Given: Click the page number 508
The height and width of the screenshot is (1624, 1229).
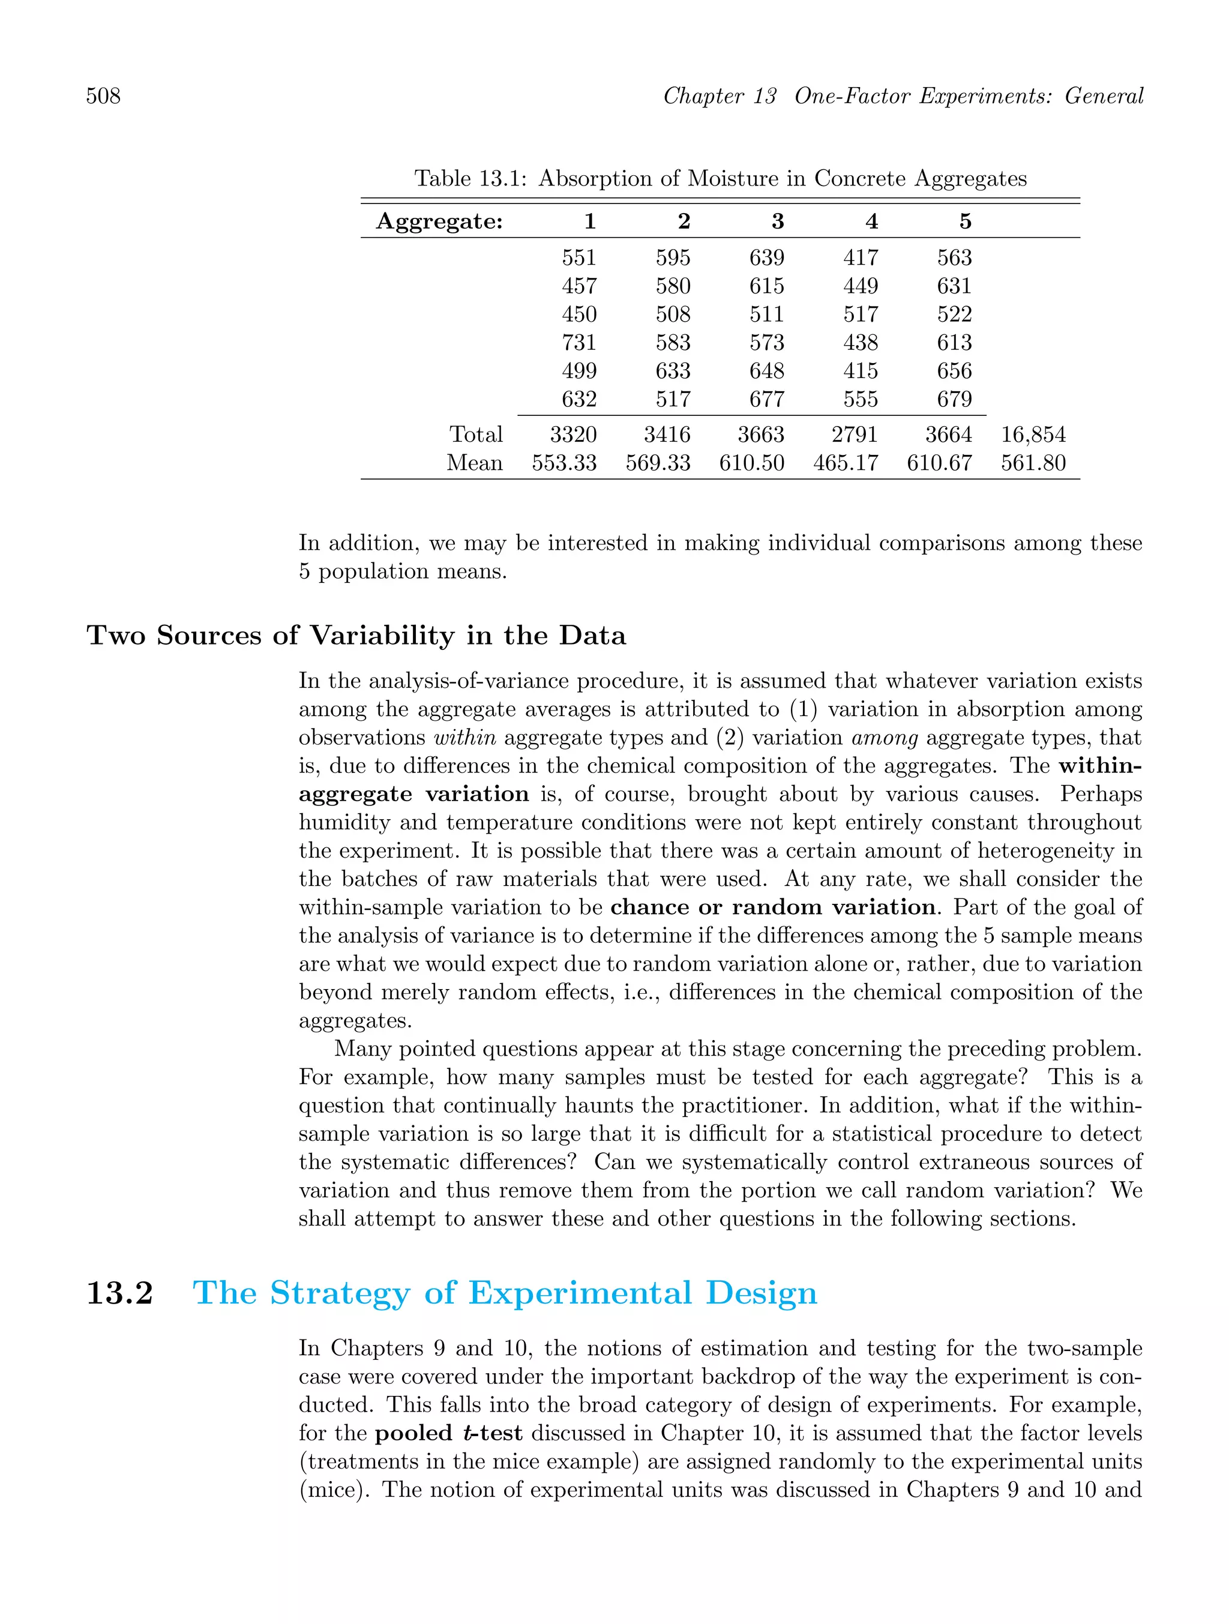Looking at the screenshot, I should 104,96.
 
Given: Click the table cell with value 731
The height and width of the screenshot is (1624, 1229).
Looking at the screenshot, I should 579,343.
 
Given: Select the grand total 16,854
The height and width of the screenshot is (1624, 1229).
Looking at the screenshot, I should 1033,435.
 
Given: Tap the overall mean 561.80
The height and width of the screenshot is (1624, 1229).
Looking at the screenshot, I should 1033,463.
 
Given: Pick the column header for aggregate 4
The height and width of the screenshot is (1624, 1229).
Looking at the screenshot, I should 871,221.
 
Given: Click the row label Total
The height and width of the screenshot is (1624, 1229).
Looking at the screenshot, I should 476,435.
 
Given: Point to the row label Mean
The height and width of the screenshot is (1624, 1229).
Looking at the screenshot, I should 475,463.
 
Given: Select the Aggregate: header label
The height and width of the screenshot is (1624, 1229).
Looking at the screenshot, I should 440,221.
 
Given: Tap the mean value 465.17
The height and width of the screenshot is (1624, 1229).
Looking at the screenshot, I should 846,463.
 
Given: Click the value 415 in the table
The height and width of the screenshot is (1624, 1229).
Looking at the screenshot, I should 861,371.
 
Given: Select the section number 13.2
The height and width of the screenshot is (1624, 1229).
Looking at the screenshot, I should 119,1293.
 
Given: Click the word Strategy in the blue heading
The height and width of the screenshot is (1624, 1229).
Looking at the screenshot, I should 341,1293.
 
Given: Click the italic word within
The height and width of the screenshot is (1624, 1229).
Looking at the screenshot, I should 464,737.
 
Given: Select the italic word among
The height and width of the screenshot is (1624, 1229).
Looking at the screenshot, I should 885,737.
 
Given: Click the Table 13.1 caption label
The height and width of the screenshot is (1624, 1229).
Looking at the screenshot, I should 470,178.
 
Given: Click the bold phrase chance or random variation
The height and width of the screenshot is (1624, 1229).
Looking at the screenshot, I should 773,907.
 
